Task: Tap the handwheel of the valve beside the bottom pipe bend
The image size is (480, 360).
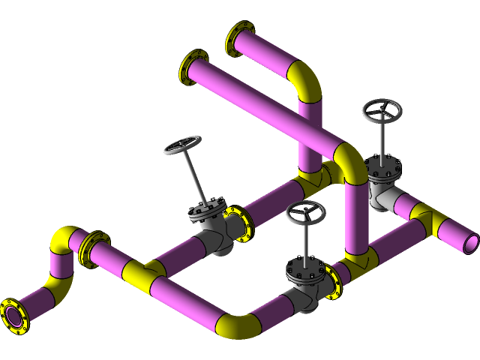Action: coord(305,213)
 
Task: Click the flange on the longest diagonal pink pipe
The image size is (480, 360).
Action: coord(192,67)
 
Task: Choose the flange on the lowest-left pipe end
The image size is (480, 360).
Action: coord(13,315)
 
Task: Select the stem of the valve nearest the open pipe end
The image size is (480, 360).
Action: coord(382,139)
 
